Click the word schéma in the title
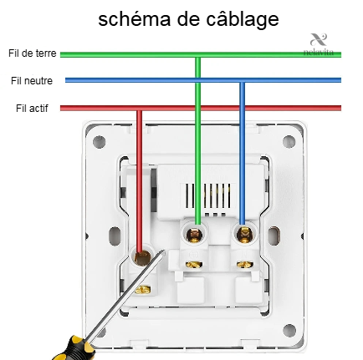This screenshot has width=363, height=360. point(135,19)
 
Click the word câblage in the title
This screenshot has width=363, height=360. point(243,20)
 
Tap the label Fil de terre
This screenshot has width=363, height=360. point(33,53)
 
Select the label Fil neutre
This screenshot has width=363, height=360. point(32,81)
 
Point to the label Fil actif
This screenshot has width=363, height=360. point(32,108)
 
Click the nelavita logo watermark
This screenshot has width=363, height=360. point(319,44)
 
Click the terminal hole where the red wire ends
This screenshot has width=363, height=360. point(142,256)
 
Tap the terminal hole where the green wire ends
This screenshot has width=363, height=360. point(194,235)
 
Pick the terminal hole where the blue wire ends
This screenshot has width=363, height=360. point(243,234)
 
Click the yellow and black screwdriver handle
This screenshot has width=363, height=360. point(73,348)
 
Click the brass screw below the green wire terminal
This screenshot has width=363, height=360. point(194,264)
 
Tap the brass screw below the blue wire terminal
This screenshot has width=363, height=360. point(245,264)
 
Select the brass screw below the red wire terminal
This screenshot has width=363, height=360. point(143,290)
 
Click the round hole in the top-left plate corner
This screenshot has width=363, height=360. point(99,142)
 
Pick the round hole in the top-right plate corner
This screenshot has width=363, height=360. point(289,141)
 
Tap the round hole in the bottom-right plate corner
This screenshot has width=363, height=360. point(289,331)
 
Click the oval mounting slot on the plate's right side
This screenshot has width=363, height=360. point(274,236)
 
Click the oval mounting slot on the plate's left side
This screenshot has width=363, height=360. point(115,236)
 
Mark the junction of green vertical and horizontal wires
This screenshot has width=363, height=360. point(197,55)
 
